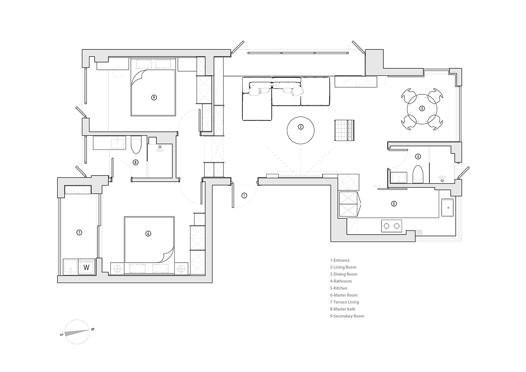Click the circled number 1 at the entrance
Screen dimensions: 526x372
coord(244,195)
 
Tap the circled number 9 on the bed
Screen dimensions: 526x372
coord(154,97)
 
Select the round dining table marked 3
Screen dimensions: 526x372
coord(422,109)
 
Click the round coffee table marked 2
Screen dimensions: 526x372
coord(301,130)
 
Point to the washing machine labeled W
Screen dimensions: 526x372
coord(86,267)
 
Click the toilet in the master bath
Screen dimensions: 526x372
coord(136,144)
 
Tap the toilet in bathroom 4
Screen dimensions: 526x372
coord(418,174)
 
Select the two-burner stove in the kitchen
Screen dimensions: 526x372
coord(391,226)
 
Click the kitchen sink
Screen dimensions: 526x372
coord(447,208)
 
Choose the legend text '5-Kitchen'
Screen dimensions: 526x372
coord(339,288)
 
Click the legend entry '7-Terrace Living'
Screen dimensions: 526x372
coord(344,302)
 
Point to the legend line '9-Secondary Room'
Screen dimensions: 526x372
coord(347,316)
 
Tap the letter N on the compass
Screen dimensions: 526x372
coord(93,329)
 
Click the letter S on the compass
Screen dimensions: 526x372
coord(62,334)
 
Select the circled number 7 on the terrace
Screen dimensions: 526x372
coord(79,232)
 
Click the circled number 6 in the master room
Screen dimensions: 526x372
coord(148,234)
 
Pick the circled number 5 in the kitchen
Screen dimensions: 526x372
coord(394,204)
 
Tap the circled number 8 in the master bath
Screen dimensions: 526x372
coord(135,162)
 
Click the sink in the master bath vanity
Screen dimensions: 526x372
coord(117,143)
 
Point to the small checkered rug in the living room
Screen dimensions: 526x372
coord(344,130)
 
